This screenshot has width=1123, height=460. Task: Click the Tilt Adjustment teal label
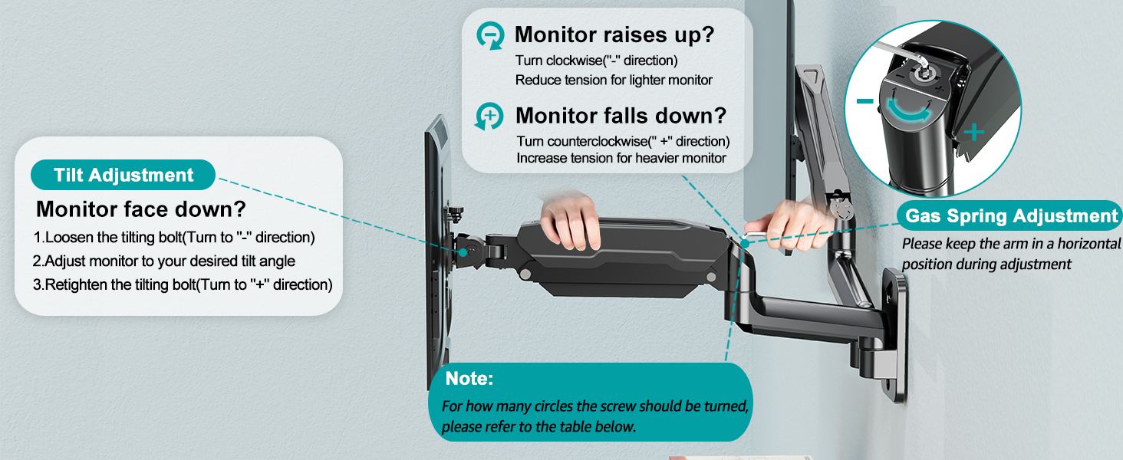[123, 175]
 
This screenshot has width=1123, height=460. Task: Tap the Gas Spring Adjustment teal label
[1012, 216]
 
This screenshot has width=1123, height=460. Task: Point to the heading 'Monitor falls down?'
[621, 116]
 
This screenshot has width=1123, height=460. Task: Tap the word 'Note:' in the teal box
[469, 379]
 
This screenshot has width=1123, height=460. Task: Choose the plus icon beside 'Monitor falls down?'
[489, 117]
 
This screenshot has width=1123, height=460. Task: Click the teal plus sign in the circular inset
[973, 133]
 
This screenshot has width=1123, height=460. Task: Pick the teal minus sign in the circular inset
[864, 101]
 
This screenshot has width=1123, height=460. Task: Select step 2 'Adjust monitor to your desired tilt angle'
[163, 261]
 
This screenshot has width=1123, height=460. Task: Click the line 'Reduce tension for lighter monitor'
[614, 80]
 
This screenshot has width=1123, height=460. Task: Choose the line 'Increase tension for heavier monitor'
[621, 158]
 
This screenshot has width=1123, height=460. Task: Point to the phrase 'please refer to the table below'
[538, 426]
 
